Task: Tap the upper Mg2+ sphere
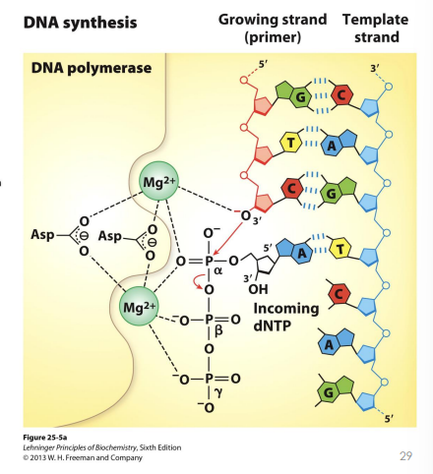157,182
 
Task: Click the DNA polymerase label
95,69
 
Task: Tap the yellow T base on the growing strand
290,145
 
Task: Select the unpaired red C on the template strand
338,294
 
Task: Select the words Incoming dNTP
286,316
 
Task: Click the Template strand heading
371,28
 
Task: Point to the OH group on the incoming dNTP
259,287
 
